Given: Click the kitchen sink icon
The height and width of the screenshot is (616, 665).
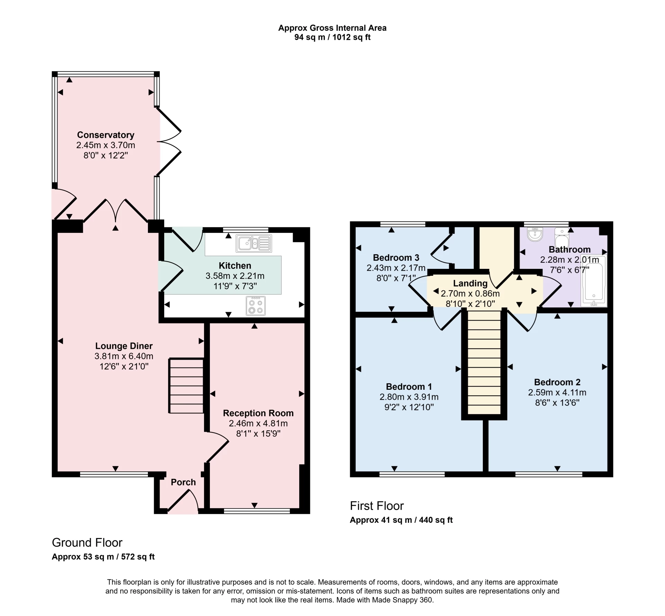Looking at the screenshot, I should click(254, 243).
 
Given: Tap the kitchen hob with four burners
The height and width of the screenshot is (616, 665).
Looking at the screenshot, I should click(256, 306).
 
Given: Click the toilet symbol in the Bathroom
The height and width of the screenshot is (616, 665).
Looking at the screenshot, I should click(561, 237).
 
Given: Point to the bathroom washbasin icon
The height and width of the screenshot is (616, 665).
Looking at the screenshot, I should click(535, 234).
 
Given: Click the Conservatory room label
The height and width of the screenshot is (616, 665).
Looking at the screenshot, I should click(106, 135).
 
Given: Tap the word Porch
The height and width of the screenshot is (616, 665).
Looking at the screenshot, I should click(183, 482).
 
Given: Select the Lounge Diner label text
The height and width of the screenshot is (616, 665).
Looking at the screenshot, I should click(124, 346).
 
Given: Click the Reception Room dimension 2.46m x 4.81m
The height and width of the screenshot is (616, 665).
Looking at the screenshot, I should click(258, 423).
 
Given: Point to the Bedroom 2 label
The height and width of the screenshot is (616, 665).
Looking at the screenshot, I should click(557, 382).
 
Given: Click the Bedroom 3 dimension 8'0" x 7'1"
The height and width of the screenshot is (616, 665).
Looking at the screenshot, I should click(396, 278).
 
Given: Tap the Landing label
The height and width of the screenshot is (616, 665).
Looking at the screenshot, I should click(470, 283).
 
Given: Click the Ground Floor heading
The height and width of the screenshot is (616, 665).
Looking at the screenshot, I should click(87, 543).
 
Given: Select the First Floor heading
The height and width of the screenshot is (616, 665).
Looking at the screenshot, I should click(377, 506).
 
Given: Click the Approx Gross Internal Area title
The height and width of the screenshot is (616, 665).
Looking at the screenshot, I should click(332, 28).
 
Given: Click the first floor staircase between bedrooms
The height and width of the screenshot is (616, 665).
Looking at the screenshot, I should click(484, 362).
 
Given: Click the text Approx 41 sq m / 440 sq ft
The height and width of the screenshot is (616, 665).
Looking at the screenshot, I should click(401, 520).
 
